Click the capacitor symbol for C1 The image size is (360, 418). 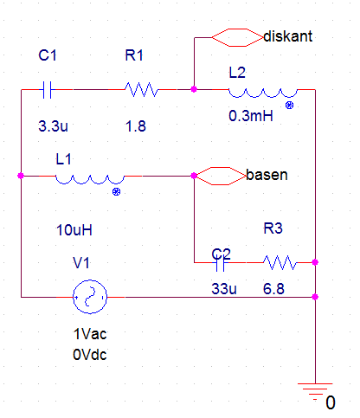[x=47, y=90]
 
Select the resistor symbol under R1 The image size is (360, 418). [x=142, y=89]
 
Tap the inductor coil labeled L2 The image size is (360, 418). [x=263, y=93]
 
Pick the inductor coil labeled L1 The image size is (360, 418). [x=90, y=179]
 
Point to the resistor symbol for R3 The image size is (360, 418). [x=280, y=262]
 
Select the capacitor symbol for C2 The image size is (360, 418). [x=221, y=263]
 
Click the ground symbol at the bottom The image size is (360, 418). [x=315, y=392]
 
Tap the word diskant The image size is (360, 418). [x=288, y=36]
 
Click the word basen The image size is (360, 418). [x=267, y=175]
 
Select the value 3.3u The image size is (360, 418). [x=53, y=126]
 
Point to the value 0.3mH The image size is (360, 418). [x=251, y=116]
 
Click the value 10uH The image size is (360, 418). [x=74, y=230]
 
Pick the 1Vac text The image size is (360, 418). [x=90, y=334]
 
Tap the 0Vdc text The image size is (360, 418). [x=90, y=355]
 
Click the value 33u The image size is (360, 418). [x=224, y=289]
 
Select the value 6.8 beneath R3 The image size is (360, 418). [x=273, y=289]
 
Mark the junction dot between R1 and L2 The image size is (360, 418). [x=194, y=89]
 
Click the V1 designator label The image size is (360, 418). [x=81, y=263]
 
